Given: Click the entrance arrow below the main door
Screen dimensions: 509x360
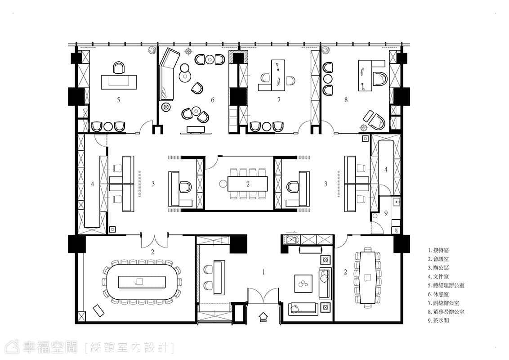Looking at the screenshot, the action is point(263,316).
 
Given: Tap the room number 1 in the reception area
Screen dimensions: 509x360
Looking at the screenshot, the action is point(263,272).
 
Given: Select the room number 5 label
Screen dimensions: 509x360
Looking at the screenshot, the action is point(119,100).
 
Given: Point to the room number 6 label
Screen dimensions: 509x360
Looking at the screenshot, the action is point(213,100).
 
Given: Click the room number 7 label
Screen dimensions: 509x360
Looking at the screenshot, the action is point(279,100).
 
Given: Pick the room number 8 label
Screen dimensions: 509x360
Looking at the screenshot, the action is point(346,100).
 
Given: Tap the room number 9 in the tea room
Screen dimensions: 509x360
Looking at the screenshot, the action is point(386,213).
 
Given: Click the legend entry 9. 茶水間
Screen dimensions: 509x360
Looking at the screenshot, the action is point(438,321).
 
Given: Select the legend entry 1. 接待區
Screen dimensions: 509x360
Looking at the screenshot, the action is point(438,251).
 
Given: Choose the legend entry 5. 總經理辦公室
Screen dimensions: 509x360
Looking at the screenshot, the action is point(446,286).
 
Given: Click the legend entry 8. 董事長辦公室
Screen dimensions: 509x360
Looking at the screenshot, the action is point(446,312).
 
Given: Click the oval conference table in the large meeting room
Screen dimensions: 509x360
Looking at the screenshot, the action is point(142,281).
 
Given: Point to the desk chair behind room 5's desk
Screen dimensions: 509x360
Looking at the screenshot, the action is point(119,68).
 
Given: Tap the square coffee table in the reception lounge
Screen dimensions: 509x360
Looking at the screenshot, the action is point(304,283).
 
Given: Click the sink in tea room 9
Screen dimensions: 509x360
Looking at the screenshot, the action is point(396,202).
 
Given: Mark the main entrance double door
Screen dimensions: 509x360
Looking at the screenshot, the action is point(263,295).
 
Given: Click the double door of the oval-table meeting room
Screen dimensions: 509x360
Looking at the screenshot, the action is point(154,241).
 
